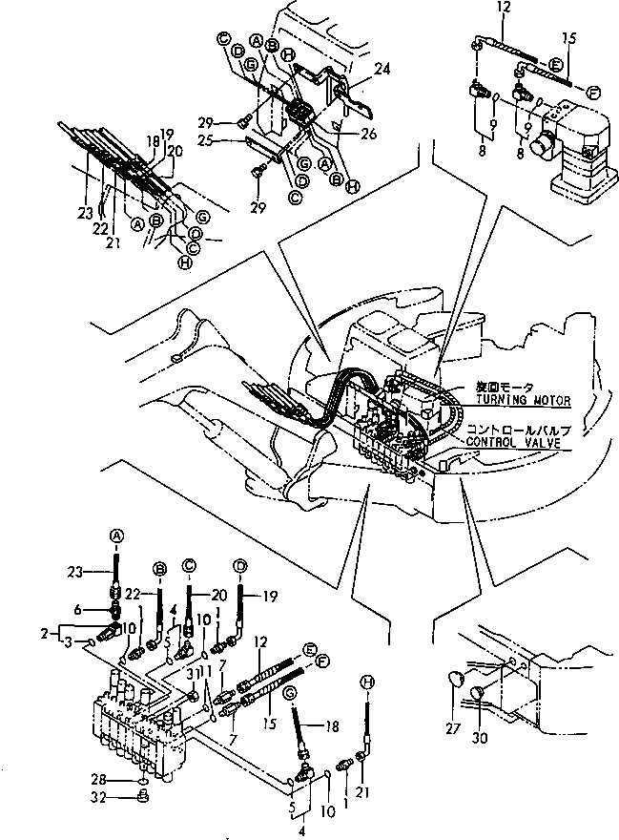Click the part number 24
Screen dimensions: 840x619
(357, 69)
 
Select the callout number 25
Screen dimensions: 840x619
(232, 141)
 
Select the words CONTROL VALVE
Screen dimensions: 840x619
(517, 443)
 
